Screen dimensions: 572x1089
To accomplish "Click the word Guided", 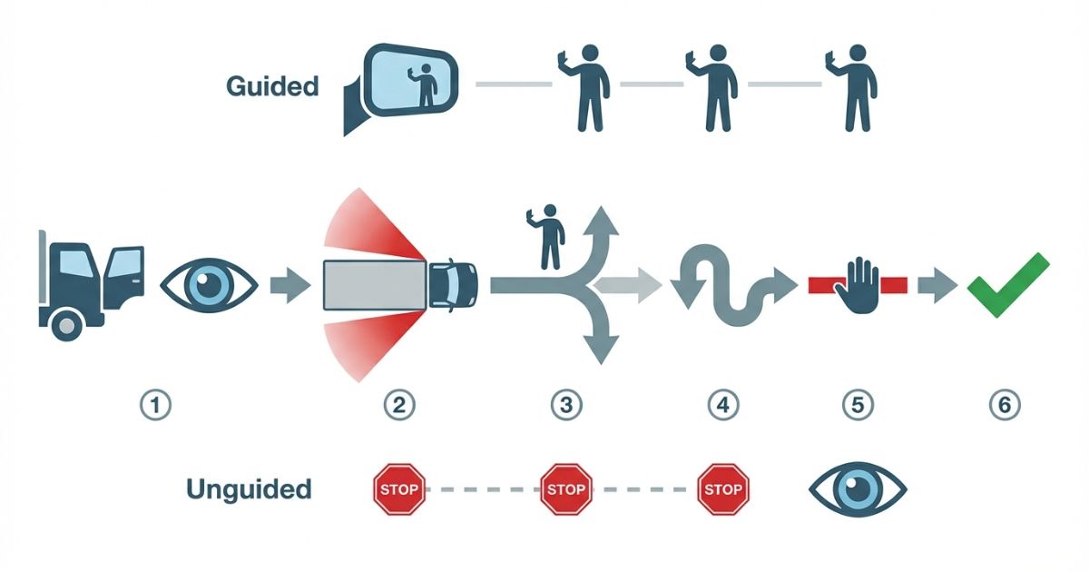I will [272, 87].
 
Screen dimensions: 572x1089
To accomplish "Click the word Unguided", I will [249, 490].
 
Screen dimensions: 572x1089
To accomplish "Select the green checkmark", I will [1007, 284].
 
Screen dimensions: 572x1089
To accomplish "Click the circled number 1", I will [156, 405].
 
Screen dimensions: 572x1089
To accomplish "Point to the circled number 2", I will [398, 405].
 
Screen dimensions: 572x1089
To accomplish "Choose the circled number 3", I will [566, 405].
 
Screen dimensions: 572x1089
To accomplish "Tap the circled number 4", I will [722, 405].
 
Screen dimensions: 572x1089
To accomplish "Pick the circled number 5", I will [858, 405].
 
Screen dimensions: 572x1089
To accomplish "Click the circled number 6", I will [1004, 405].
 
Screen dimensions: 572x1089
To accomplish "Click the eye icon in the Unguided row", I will [858, 490].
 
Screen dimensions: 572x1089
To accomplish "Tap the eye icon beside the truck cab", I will [209, 285].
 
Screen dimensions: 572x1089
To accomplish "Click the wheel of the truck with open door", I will [67, 324].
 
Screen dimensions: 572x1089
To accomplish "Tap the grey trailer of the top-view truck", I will [375, 284].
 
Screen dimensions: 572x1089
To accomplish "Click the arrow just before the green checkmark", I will [932, 285].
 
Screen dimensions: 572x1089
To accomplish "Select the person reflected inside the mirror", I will [424, 85].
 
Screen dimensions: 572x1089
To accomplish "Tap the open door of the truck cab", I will [123, 276].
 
